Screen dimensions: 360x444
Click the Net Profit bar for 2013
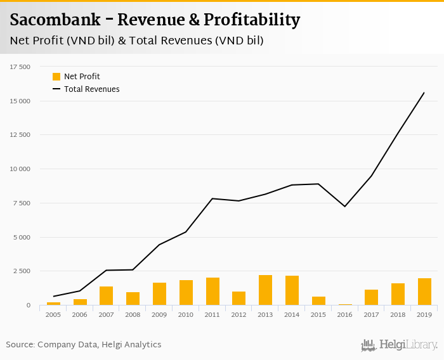(x=265, y=290)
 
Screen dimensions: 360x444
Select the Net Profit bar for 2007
(x=106, y=296)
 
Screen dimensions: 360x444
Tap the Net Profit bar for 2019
(x=424, y=292)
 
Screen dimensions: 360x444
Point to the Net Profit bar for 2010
(x=186, y=293)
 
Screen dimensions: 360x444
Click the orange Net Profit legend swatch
(x=56, y=77)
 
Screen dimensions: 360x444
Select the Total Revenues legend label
(x=91, y=89)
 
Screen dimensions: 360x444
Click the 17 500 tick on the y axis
(x=20, y=67)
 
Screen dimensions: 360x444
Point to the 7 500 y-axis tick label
(x=22, y=203)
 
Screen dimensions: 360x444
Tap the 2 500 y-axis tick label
(x=22, y=271)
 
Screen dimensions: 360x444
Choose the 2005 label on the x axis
(x=53, y=314)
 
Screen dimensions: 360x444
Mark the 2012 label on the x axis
(x=238, y=314)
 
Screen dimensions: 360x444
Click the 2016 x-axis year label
(x=344, y=314)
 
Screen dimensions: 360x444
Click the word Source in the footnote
(x=20, y=345)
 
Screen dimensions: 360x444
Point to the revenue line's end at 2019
(x=424, y=93)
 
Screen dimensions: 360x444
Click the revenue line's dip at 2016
(x=344, y=206)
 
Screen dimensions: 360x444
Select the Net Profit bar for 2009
(x=159, y=294)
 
